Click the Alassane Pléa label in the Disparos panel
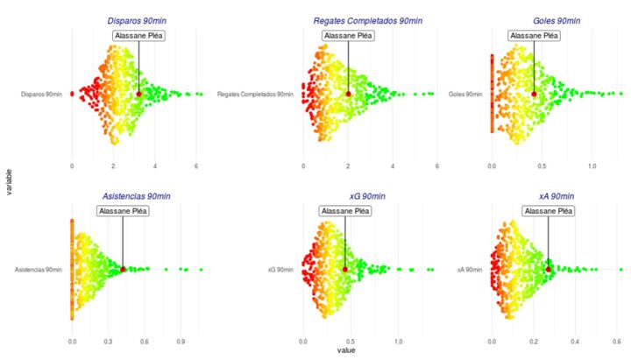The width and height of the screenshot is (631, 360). [139, 36]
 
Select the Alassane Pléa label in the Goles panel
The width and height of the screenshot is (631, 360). [534, 36]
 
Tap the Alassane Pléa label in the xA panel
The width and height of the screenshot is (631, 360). [549, 211]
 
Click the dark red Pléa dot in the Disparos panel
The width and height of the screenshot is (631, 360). [139, 94]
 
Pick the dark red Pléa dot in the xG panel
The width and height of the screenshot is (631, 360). [345, 270]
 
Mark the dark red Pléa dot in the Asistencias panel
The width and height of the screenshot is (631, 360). [124, 270]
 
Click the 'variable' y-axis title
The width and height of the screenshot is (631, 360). [9, 181]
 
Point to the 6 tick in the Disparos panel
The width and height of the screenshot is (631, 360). [196, 165]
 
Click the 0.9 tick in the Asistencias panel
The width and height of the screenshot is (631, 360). [181, 340]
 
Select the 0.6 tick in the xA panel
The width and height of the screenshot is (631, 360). [617, 340]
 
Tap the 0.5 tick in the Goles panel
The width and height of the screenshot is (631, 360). [542, 165]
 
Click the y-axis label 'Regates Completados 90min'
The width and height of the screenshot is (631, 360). [255, 94]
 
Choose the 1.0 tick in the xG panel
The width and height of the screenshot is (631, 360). [398, 340]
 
